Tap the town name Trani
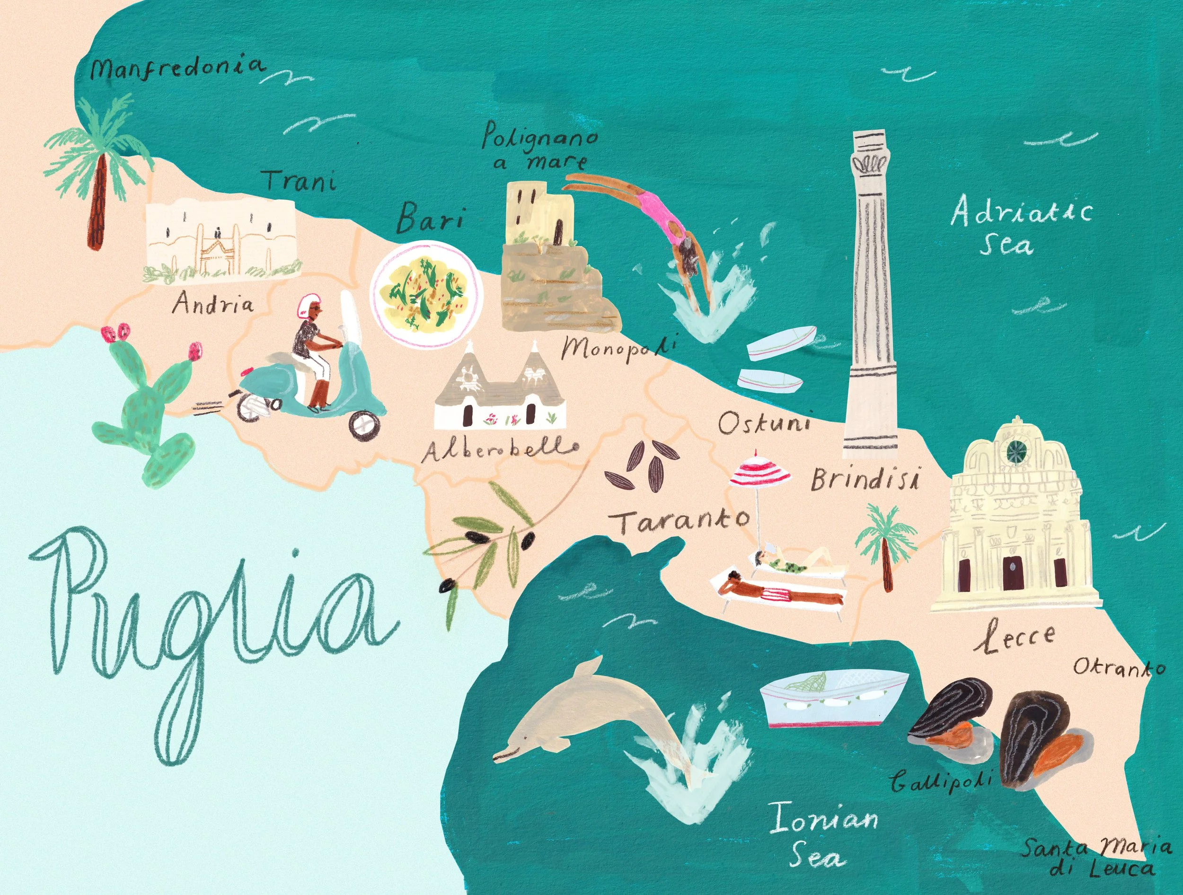click(x=300, y=181)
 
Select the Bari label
click(x=430, y=218)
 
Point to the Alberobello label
click(x=500, y=450)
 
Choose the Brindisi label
click(x=865, y=479)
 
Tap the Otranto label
click(x=1119, y=667)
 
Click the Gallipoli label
click(x=941, y=781)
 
